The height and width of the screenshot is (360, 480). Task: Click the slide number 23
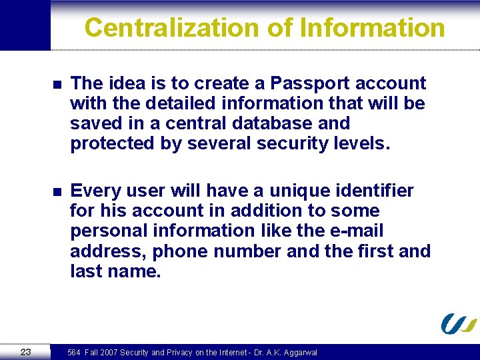click(x=25, y=352)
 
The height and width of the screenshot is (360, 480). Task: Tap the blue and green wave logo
click(x=458, y=323)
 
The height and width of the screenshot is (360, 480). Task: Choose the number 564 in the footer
click(x=74, y=353)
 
